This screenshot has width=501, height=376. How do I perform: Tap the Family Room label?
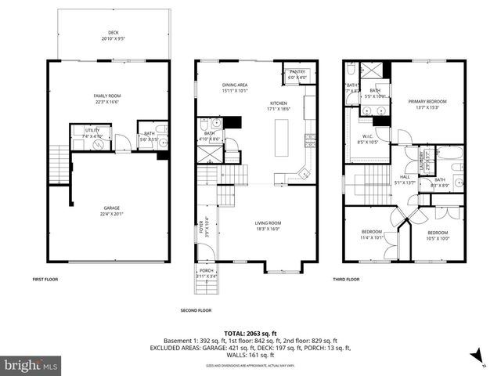tap(109, 98)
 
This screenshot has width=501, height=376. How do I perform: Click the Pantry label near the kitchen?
tap(298, 74)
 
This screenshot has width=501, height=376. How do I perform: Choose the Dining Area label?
tap(235, 87)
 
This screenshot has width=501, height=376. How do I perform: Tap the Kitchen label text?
tap(279, 106)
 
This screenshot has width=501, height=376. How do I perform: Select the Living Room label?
tap(268, 226)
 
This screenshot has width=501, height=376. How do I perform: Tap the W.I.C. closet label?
tap(367, 140)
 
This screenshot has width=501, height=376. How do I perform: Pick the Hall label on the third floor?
tap(405, 179)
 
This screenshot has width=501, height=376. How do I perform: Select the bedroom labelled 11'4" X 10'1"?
tap(372, 234)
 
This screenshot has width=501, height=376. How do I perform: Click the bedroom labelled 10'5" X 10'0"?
tap(438, 235)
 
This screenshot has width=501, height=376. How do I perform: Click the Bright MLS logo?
tap(31, 365)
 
